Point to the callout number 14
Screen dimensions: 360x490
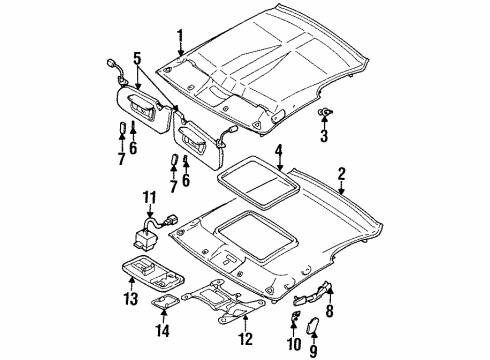click(x=163, y=330)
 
